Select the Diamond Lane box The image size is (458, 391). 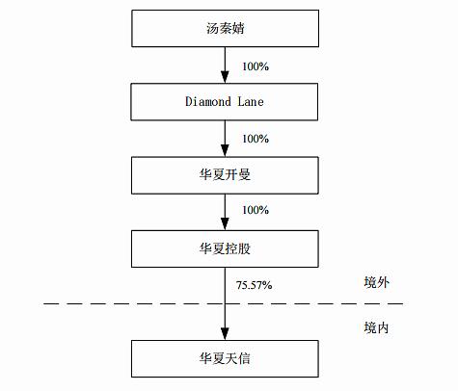click(224, 100)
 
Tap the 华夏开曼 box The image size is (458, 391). click(224, 174)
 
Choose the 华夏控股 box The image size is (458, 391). click(224, 248)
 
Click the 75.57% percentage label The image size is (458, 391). click(255, 285)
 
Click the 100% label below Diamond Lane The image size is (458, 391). click(256, 138)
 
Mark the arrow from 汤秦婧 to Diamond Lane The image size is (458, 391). click(224, 64)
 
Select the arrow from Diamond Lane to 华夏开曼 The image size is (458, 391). click(224, 138)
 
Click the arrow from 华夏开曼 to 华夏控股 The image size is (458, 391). click(224, 211)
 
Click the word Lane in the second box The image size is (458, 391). click(250, 100)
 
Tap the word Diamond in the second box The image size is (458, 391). click(206, 100)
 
